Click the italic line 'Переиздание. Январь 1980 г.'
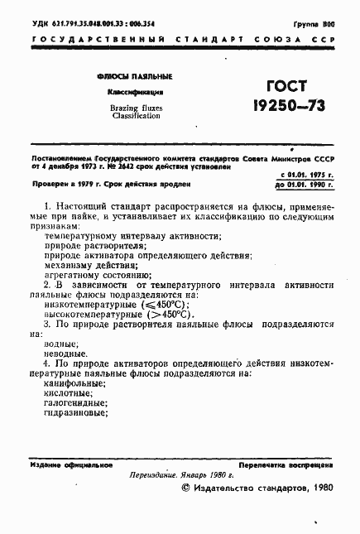coord(181,476)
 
